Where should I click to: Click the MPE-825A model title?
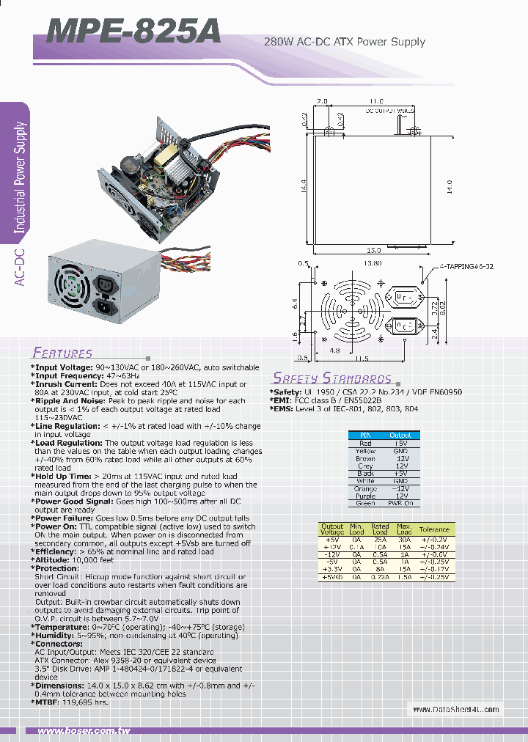pyautogui.click(x=133, y=33)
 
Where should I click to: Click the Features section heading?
pyautogui.click(x=63, y=353)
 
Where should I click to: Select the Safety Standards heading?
pyautogui.click(x=332, y=378)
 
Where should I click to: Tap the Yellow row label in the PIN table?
pyautogui.click(x=365, y=451)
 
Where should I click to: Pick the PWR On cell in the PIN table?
pyautogui.click(x=400, y=504)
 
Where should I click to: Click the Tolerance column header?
pyautogui.click(x=434, y=529)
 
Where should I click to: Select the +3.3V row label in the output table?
pyautogui.click(x=332, y=569)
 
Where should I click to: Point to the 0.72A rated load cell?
pyautogui.click(x=380, y=578)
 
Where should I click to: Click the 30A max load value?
pyautogui.click(x=404, y=539)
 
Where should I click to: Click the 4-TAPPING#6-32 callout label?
pyautogui.click(x=466, y=266)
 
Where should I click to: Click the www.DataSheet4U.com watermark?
pyautogui.click(x=455, y=709)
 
